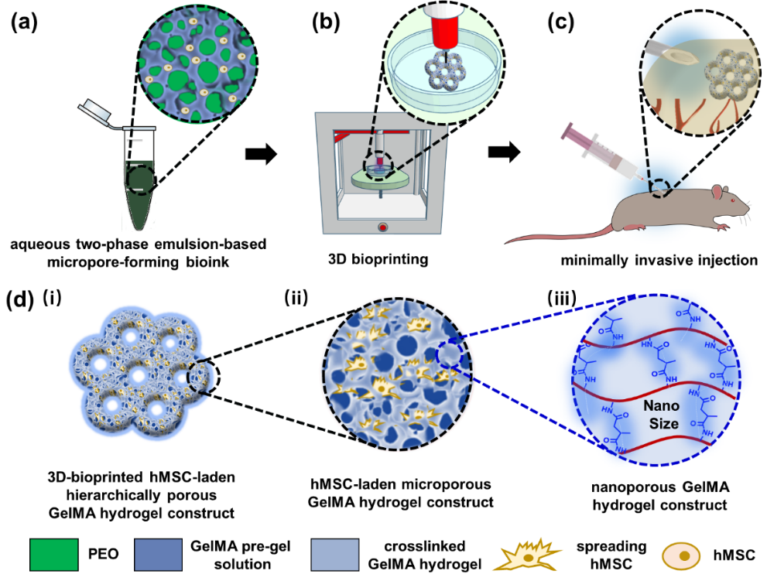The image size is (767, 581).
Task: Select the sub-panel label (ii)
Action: tap(302, 297)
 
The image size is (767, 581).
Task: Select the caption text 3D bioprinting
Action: tap(378, 260)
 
